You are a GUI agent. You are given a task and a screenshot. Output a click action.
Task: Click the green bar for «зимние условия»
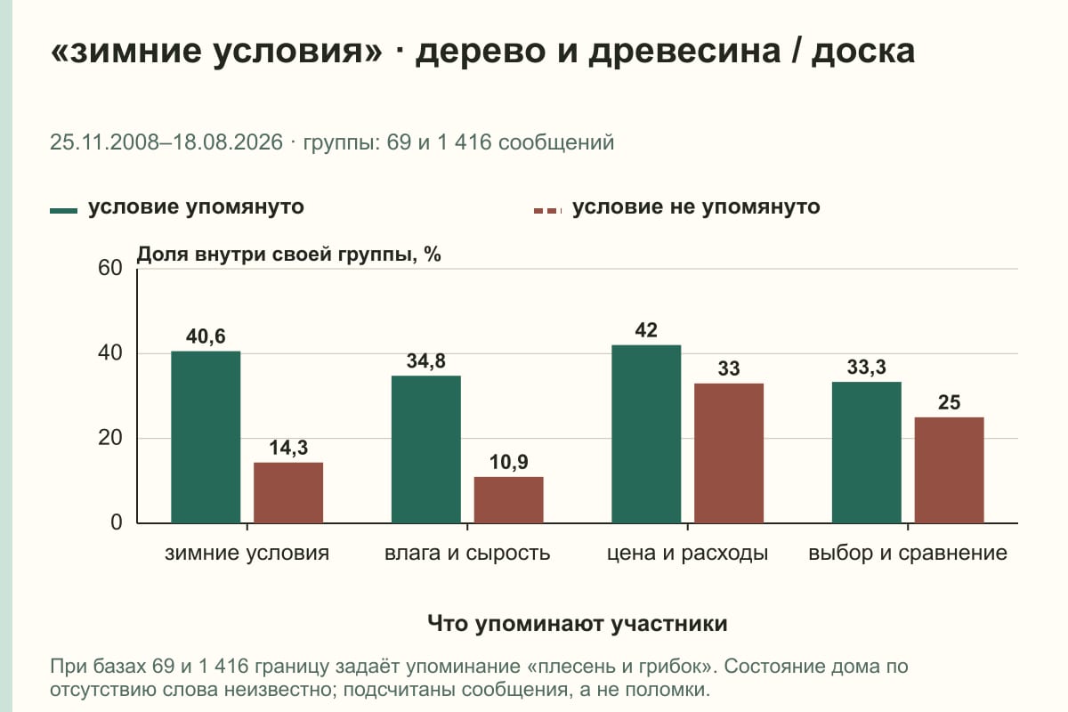[x=206, y=437]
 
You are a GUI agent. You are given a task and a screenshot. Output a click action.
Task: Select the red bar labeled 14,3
[x=288, y=493]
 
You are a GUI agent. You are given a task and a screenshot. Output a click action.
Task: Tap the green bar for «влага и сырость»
[x=426, y=449]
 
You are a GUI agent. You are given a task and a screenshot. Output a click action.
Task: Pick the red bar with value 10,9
[x=509, y=500]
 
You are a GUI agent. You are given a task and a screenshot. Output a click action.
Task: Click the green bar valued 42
[x=646, y=434]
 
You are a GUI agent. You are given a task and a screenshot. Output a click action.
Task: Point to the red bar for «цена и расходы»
[x=729, y=453]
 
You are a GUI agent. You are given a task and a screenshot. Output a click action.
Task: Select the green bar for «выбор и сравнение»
[x=867, y=453]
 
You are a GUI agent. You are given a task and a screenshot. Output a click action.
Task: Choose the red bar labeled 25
[x=950, y=470]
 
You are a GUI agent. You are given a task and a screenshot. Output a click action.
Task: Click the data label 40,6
[x=206, y=336]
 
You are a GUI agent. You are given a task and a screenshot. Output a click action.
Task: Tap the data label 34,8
[x=426, y=361]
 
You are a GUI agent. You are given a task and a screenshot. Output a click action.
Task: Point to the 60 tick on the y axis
[x=110, y=268]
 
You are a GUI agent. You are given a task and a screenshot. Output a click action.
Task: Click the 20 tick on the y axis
[x=110, y=438]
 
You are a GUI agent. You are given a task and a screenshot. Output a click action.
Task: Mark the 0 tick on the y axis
[x=117, y=522]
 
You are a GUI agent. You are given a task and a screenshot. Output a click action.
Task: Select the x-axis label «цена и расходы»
[x=687, y=554]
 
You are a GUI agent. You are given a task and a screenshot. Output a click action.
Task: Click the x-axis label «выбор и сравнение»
[x=908, y=554]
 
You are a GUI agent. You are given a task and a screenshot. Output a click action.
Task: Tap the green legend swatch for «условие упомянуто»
[x=63, y=211]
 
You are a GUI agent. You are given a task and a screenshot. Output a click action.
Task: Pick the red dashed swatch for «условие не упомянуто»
[x=548, y=211]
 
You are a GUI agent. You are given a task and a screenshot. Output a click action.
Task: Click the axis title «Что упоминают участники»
[x=578, y=623]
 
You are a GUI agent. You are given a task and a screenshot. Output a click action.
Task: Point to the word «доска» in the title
[x=863, y=52]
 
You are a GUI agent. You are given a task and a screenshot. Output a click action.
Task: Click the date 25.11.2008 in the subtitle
[x=104, y=142]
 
